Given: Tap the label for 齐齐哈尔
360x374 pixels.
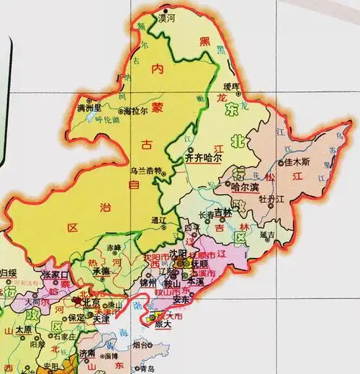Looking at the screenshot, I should tap(204, 156).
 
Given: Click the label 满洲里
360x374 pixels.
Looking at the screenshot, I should tap(91, 108).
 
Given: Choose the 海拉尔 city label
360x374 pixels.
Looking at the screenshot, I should tap(136, 112).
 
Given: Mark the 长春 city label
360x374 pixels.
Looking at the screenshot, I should tap(206, 215).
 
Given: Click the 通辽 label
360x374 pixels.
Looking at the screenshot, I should tap(159, 221).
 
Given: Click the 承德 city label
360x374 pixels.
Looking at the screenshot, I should tap(101, 270).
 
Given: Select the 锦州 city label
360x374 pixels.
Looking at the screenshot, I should tap(148, 283).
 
